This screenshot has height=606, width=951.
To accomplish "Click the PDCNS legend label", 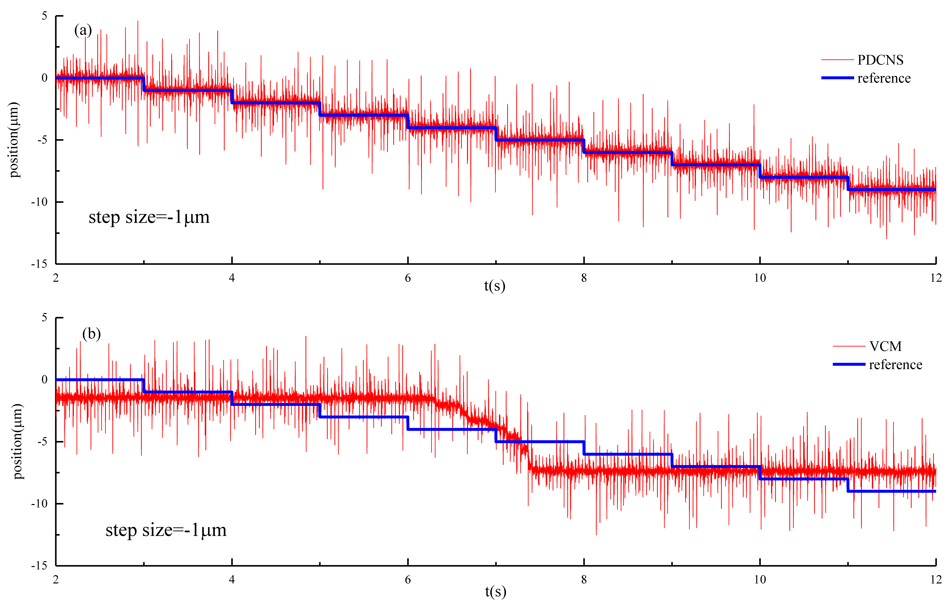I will coord(880,60).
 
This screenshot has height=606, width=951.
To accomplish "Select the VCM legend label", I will coord(885,346).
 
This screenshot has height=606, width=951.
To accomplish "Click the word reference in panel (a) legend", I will coord(884,78).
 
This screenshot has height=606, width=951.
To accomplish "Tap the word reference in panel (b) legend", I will coord(895,365).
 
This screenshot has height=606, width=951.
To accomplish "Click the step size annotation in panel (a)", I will coord(149,217).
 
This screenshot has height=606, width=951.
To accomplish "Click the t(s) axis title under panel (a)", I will coord(494,286).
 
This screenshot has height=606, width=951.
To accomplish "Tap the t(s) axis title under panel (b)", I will coord(495,591).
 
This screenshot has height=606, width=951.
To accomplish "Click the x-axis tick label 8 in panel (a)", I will coord(584,278).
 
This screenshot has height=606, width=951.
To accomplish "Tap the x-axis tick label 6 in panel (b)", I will coord(408,580).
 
